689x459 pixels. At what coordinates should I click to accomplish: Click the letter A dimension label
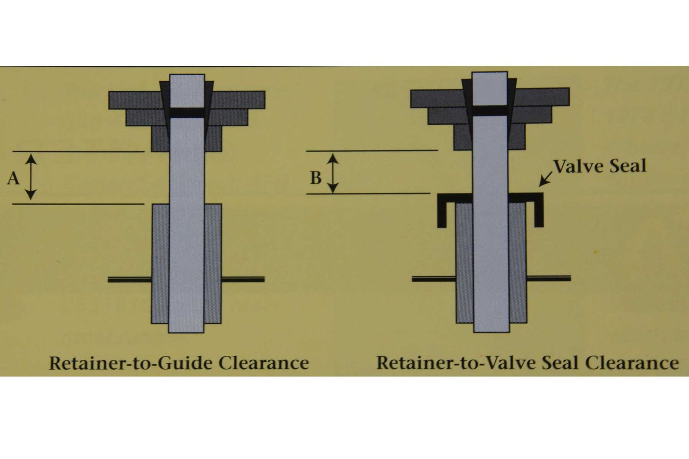coord(13,178)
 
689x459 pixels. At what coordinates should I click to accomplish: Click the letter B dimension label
coord(316,177)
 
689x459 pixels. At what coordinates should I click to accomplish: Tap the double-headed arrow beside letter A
coord(30,177)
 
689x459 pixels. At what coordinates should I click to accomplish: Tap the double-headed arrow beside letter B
coord(333,173)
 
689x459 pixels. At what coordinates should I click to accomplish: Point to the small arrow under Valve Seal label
coord(546,179)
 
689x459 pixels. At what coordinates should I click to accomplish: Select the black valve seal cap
coord(490,198)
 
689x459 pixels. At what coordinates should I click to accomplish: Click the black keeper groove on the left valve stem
coord(186,113)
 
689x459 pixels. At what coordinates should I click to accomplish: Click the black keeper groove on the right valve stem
coord(490,110)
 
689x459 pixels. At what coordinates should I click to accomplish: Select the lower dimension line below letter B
coord(368,194)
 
